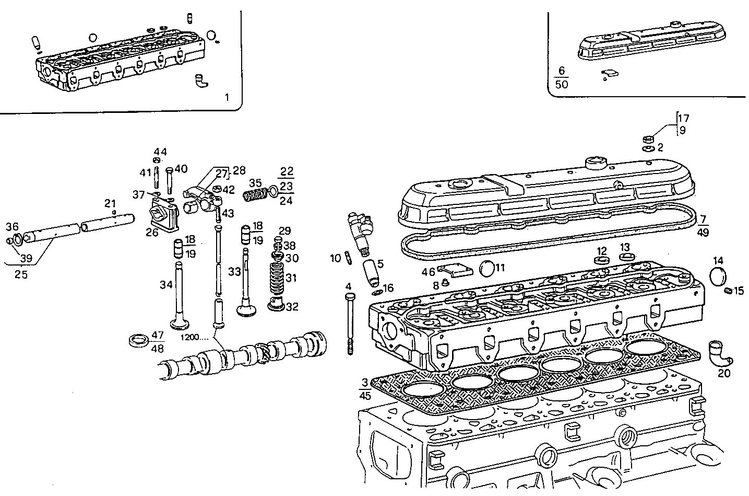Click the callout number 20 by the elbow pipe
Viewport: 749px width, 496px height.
pos(724,373)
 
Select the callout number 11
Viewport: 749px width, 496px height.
pos(500,268)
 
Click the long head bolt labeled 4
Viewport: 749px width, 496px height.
pos(349,324)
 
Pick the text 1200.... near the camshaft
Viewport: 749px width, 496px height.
pos(195,337)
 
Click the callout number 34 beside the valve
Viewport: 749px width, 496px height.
pos(166,284)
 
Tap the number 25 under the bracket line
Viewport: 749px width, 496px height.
pos(21,275)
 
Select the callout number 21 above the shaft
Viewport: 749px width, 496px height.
pos(110,203)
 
